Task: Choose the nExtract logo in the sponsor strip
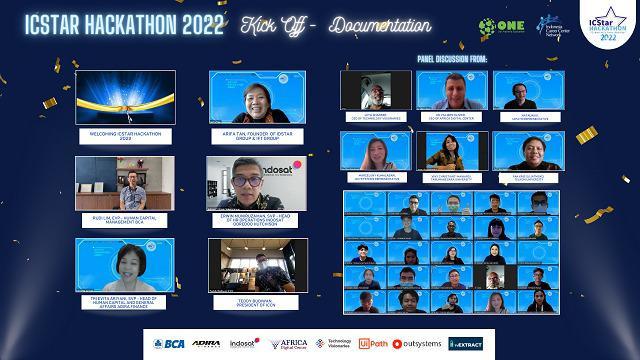[466, 343]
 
